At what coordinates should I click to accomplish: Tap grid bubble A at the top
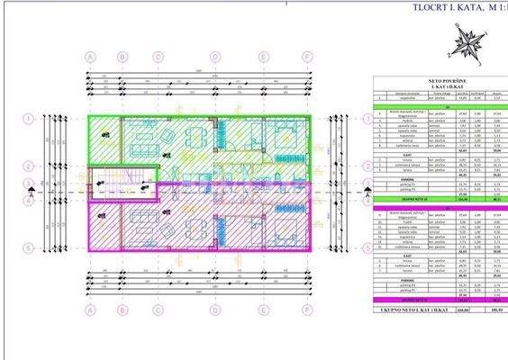90,56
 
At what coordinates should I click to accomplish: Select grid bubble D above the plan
215,56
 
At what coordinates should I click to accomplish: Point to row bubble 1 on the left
31,118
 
